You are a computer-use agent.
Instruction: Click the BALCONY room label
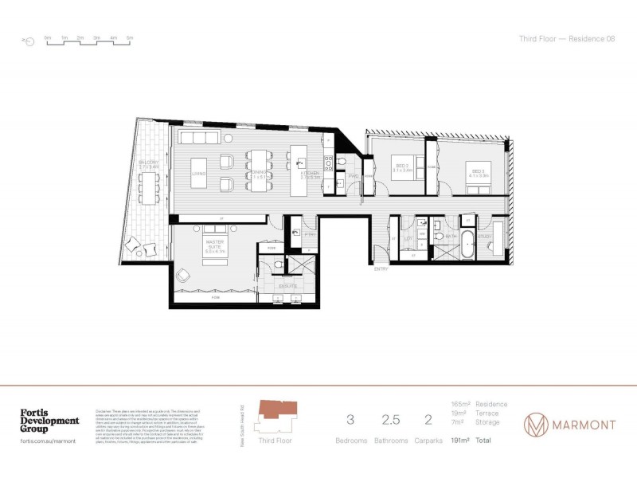(x=149, y=165)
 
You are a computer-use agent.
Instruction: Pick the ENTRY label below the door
(x=381, y=269)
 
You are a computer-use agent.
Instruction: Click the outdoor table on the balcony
(x=148, y=186)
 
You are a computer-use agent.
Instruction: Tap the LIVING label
(x=199, y=172)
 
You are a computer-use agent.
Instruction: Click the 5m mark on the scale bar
(x=130, y=38)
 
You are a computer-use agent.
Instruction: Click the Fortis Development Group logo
(x=49, y=421)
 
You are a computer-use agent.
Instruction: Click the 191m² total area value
(x=459, y=440)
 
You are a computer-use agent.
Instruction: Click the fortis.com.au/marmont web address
(x=48, y=441)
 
